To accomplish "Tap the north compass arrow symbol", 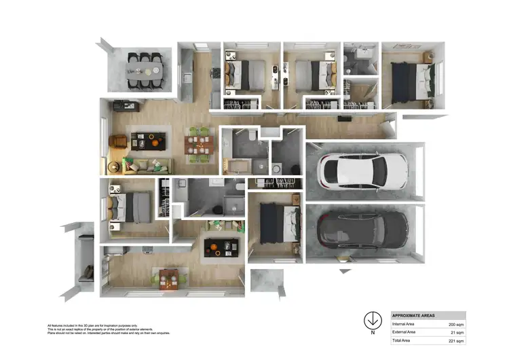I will (372, 320).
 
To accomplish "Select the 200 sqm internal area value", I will (456, 325).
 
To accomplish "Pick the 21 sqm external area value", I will (457, 331).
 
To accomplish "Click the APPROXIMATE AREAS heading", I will (414, 316).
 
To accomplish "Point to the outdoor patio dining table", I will (146, 69).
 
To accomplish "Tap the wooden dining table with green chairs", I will (199, 145).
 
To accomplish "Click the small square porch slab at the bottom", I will (264, 281).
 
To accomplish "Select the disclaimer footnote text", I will (109, 329).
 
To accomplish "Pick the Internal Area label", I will (405, 325).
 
